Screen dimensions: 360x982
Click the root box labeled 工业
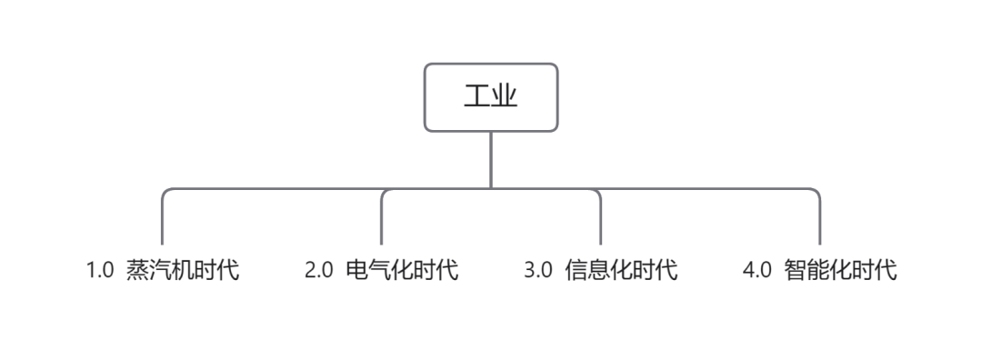tap(491, 97)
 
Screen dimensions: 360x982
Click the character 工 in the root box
tap(477, 97)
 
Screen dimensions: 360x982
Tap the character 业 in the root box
tap(505, 97)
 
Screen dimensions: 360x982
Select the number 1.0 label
tap(99, 271)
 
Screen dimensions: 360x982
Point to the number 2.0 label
tap(318, 271)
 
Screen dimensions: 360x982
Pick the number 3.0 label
tap(538, 271)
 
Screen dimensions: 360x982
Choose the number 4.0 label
tap(757, 271)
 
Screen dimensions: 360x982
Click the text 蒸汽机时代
tap(183, 271)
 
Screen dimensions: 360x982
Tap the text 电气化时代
tap(402, 271)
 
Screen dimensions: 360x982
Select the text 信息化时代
tap(621, 271)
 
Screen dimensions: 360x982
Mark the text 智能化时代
tap(840, 271)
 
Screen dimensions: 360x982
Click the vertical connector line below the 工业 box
tap(491, 159)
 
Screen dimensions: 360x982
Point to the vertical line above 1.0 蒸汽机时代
tap(162, 223)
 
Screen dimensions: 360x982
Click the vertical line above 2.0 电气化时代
tap(381, 223)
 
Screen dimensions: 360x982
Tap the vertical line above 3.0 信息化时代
tap(601, 223)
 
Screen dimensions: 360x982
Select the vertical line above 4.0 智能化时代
tap(820, 223)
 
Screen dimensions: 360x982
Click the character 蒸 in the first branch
tap(138, 271)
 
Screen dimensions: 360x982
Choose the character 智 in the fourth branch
tap(796, 271)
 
